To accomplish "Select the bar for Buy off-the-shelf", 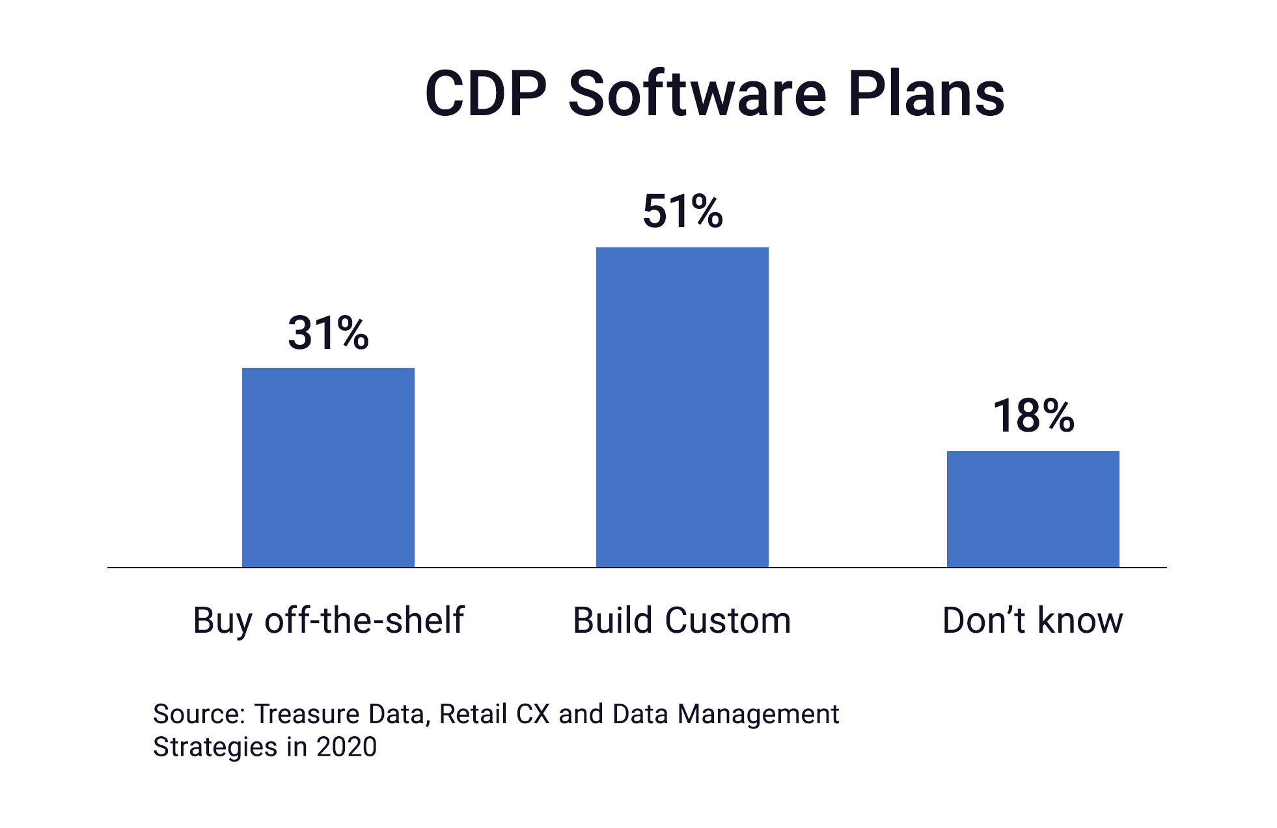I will click(x=328, y=467).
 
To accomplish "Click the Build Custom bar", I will click(x=682, y=407).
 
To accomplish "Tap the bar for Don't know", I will click(x=1033, y=509).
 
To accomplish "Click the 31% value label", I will click(x=328, y=333).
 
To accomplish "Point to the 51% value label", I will click(x=682, y=212).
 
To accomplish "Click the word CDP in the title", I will click(x=486, y=94).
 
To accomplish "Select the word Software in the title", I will click(x=697, y=94).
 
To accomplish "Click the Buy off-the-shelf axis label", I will click(x=328, y=620).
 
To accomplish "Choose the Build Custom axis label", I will click(x=681, y=620).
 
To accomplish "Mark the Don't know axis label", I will click(x=1032, y=620).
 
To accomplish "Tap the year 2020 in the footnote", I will click(x=346, y=747).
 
